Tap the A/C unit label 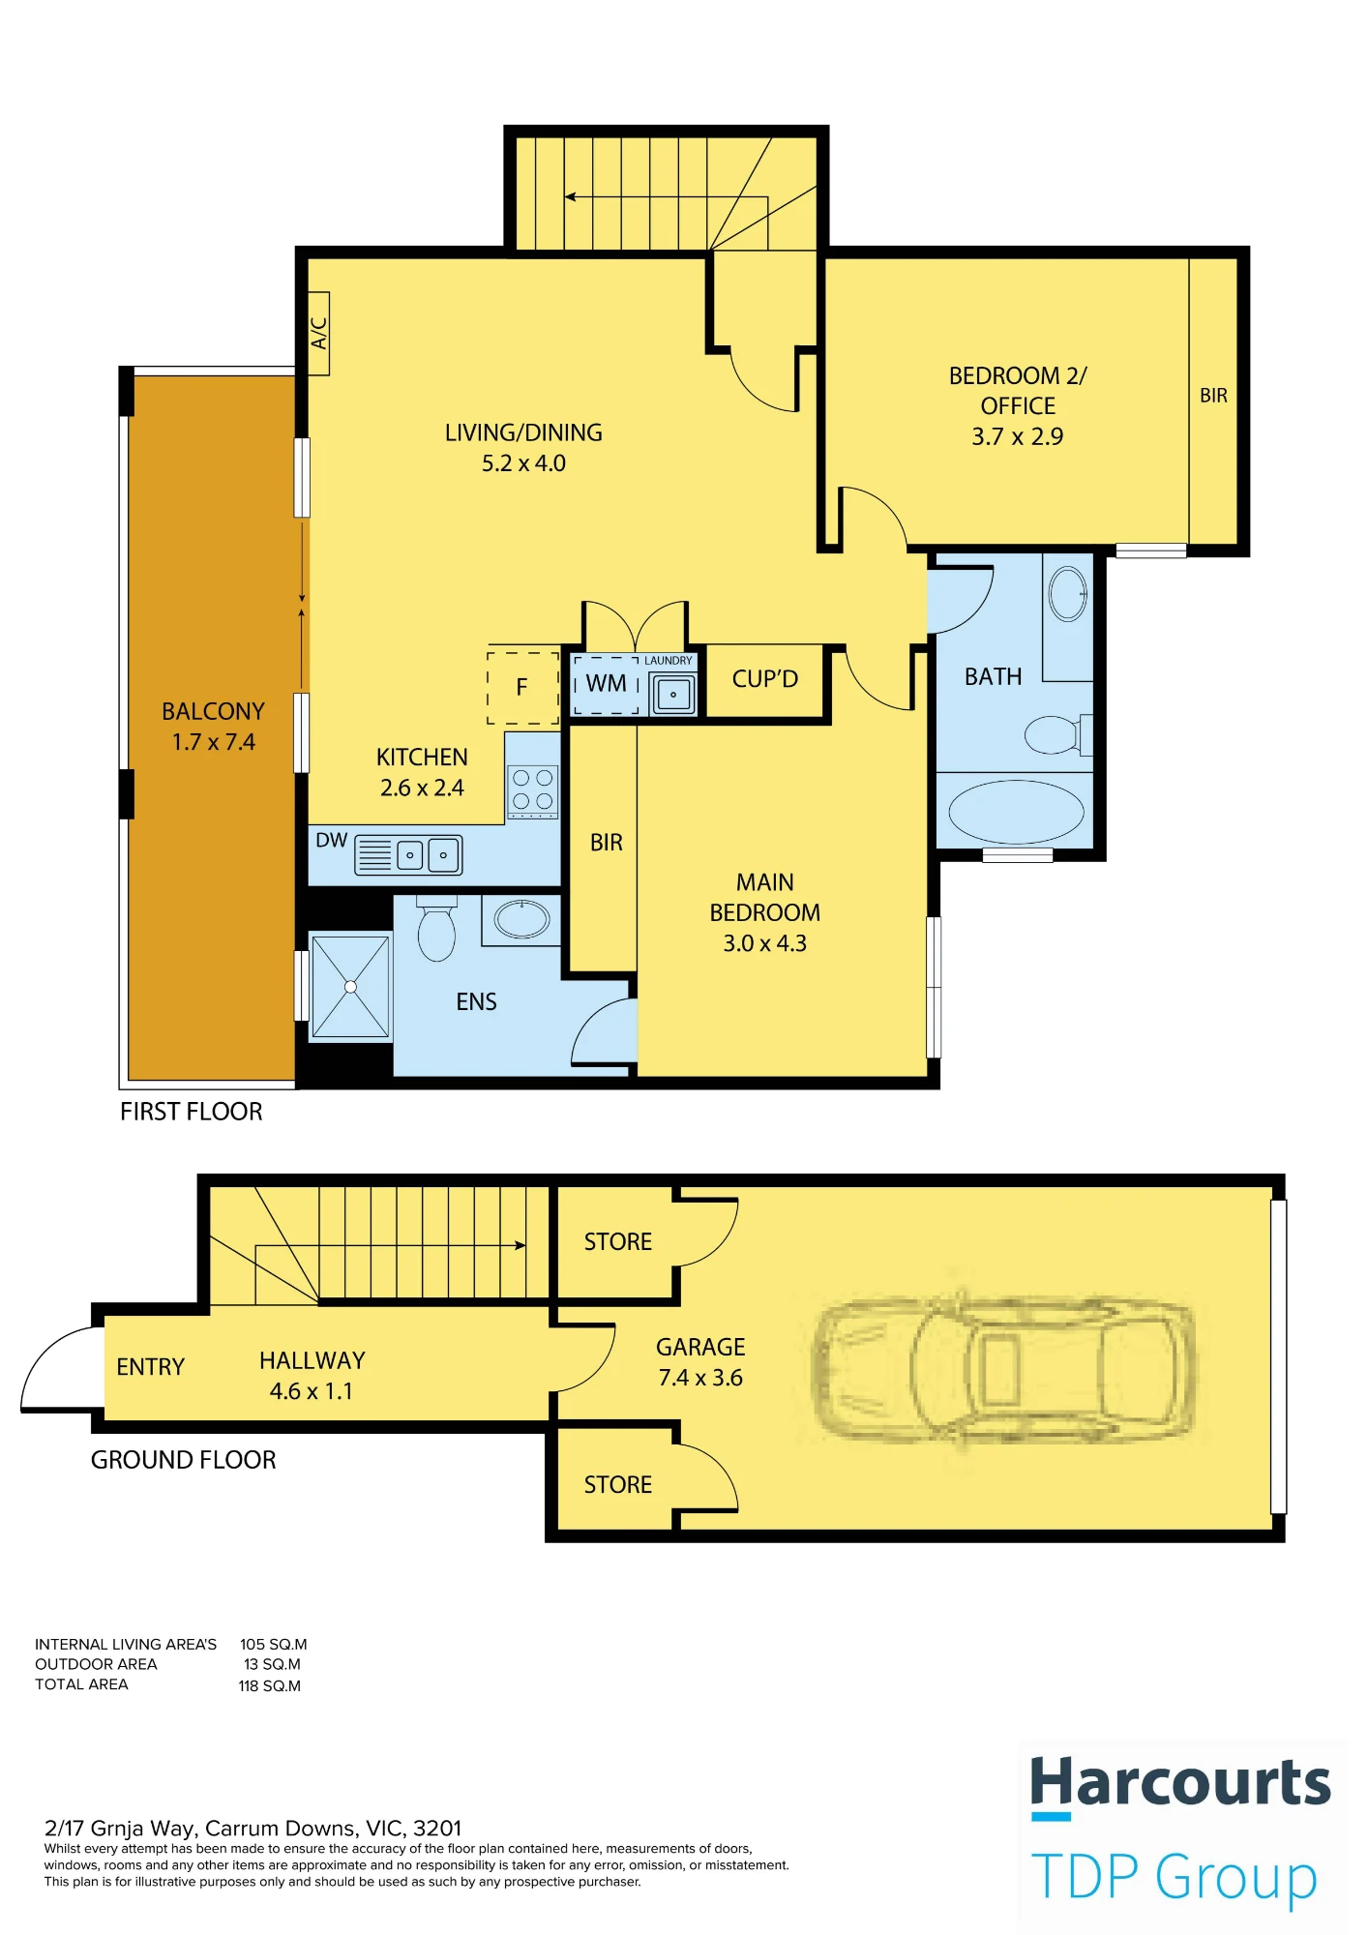318,334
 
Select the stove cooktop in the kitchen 533,789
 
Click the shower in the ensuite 350,987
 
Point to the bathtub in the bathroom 1016,812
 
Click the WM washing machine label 607,683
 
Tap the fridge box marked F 522,688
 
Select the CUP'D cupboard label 765,679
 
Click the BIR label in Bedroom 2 1213,396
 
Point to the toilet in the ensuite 436,929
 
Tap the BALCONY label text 213,711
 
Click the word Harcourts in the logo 1180,1783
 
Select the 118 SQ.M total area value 270,1685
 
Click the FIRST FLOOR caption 192,1112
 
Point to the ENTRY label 150,1367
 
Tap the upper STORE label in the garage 618,1241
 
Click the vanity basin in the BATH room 1068,593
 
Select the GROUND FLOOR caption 184,1460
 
